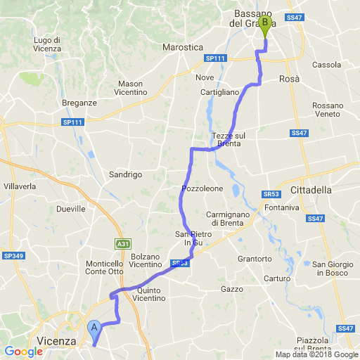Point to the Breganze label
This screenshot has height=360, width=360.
pos(79,103)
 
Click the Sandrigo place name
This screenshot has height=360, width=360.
pos(126,174)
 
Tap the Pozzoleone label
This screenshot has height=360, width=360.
pos(202,189)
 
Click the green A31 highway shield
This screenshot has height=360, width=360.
pos(123,244)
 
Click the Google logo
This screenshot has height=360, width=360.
pos(22,351)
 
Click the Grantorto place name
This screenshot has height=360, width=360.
pos(255,259)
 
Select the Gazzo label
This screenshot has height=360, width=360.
pos(231,289)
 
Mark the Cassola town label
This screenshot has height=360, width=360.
pos(326,65)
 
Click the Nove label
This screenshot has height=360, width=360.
pos(205,77)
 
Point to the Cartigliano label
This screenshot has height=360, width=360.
pos(220,92)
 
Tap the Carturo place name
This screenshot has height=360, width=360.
pos(277,278)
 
